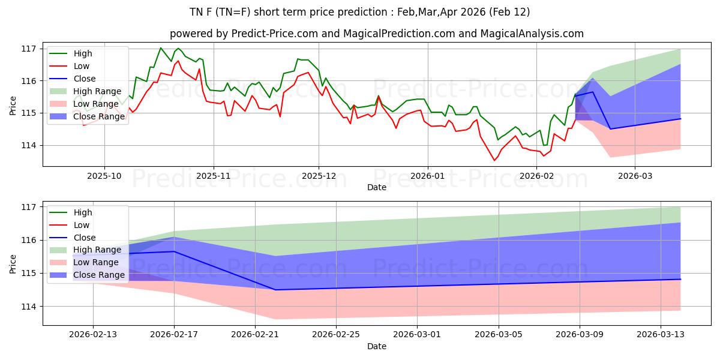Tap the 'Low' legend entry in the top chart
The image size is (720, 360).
point(82,66)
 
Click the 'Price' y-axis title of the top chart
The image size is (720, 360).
point(13,104)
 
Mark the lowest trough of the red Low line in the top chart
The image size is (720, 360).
point(494,160)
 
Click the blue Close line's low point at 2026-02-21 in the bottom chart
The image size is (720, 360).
point(275,290)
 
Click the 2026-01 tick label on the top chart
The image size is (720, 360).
point(427,177)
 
